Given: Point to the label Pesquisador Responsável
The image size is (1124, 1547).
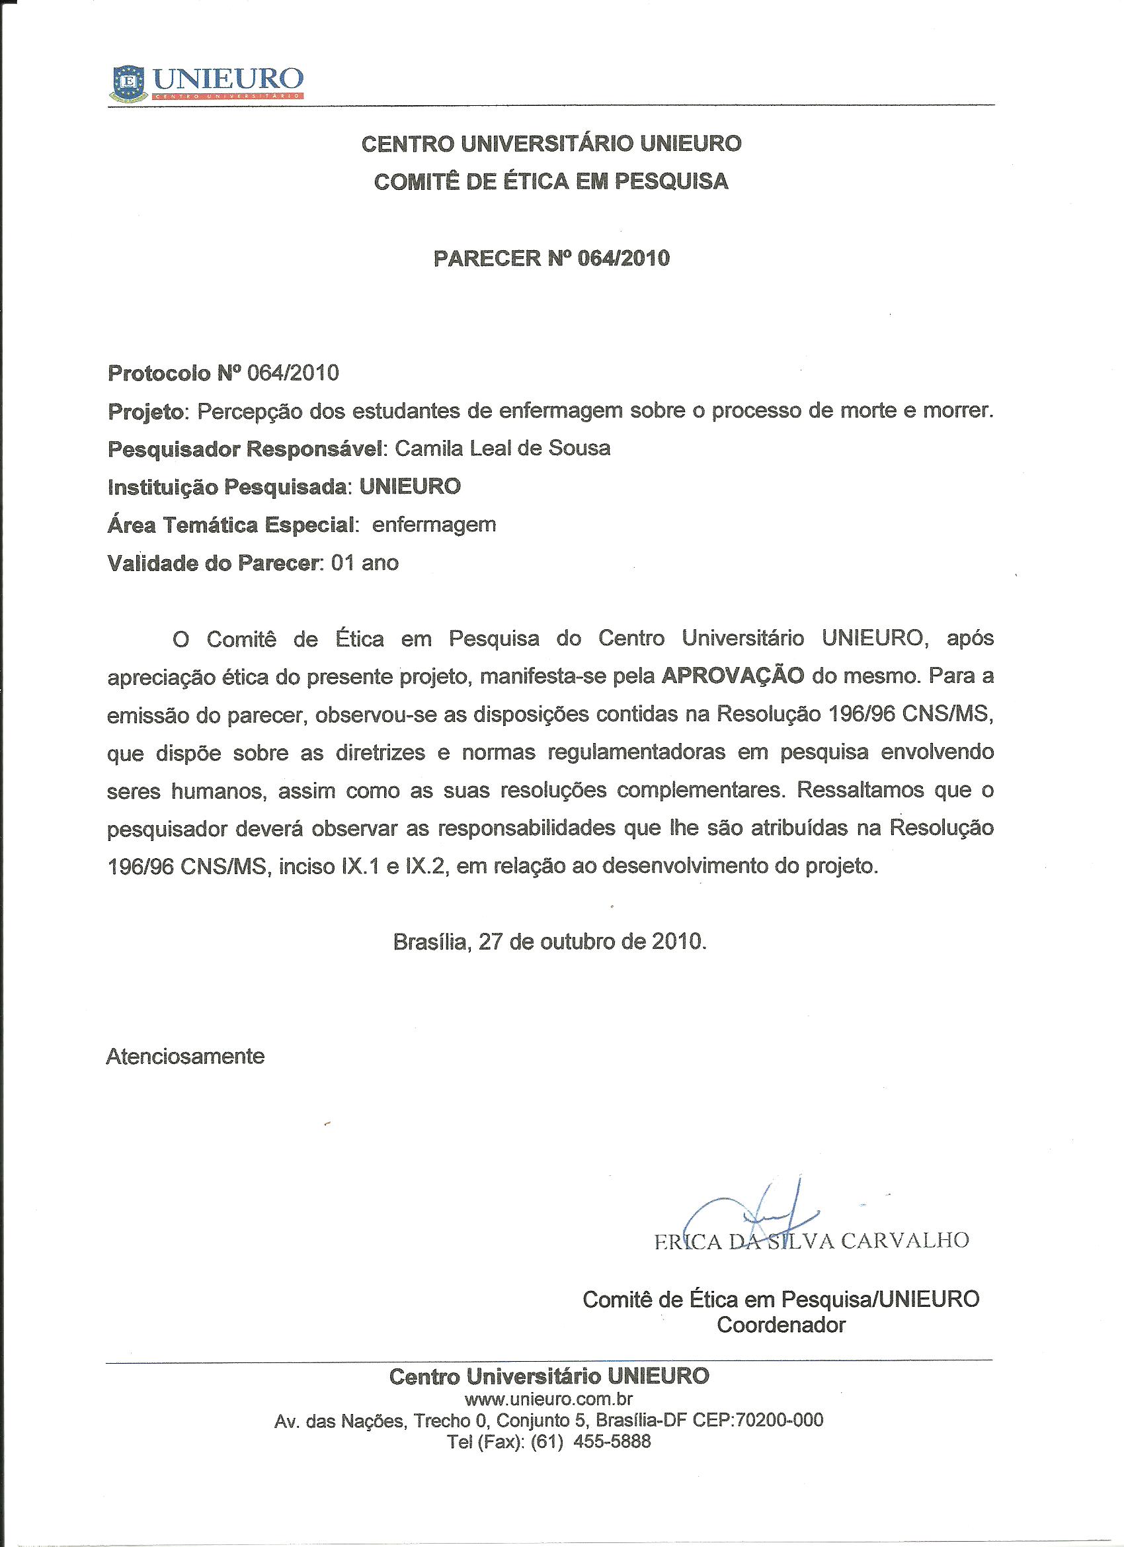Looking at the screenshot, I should tap(246, 449).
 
